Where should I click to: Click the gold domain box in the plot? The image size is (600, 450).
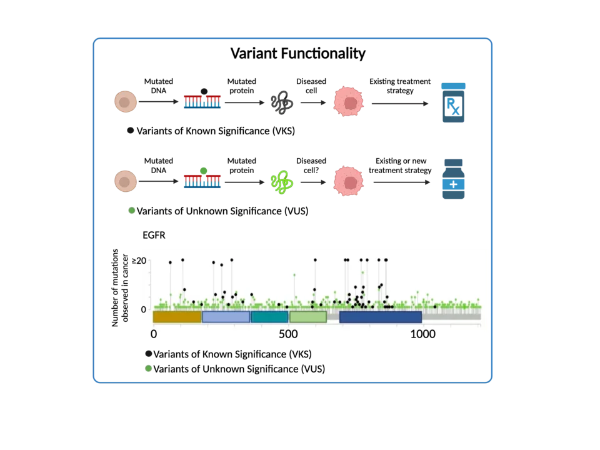177,317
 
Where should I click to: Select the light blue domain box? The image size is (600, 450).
226,317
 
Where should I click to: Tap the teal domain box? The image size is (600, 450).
269,317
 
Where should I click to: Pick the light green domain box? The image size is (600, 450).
307,317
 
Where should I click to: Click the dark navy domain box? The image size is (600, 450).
380,317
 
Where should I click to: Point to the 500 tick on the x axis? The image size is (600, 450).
288,334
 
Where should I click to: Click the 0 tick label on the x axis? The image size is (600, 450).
154,334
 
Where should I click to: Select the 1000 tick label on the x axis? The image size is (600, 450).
422,334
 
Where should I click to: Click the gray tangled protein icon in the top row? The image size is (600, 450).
282,102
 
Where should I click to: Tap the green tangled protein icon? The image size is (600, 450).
282,182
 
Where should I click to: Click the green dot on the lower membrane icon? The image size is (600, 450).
204,171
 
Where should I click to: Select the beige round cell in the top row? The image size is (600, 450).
126,102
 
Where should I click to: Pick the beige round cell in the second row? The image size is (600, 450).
126,181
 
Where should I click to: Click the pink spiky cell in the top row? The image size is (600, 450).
348,102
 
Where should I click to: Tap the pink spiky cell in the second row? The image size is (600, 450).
348,181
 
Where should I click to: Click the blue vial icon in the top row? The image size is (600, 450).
453,102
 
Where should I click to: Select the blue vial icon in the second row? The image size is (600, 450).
453,179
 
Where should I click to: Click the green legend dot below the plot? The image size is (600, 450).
149,369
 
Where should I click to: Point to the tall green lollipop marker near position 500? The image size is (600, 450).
294,274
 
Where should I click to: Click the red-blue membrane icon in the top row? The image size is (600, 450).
202,102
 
